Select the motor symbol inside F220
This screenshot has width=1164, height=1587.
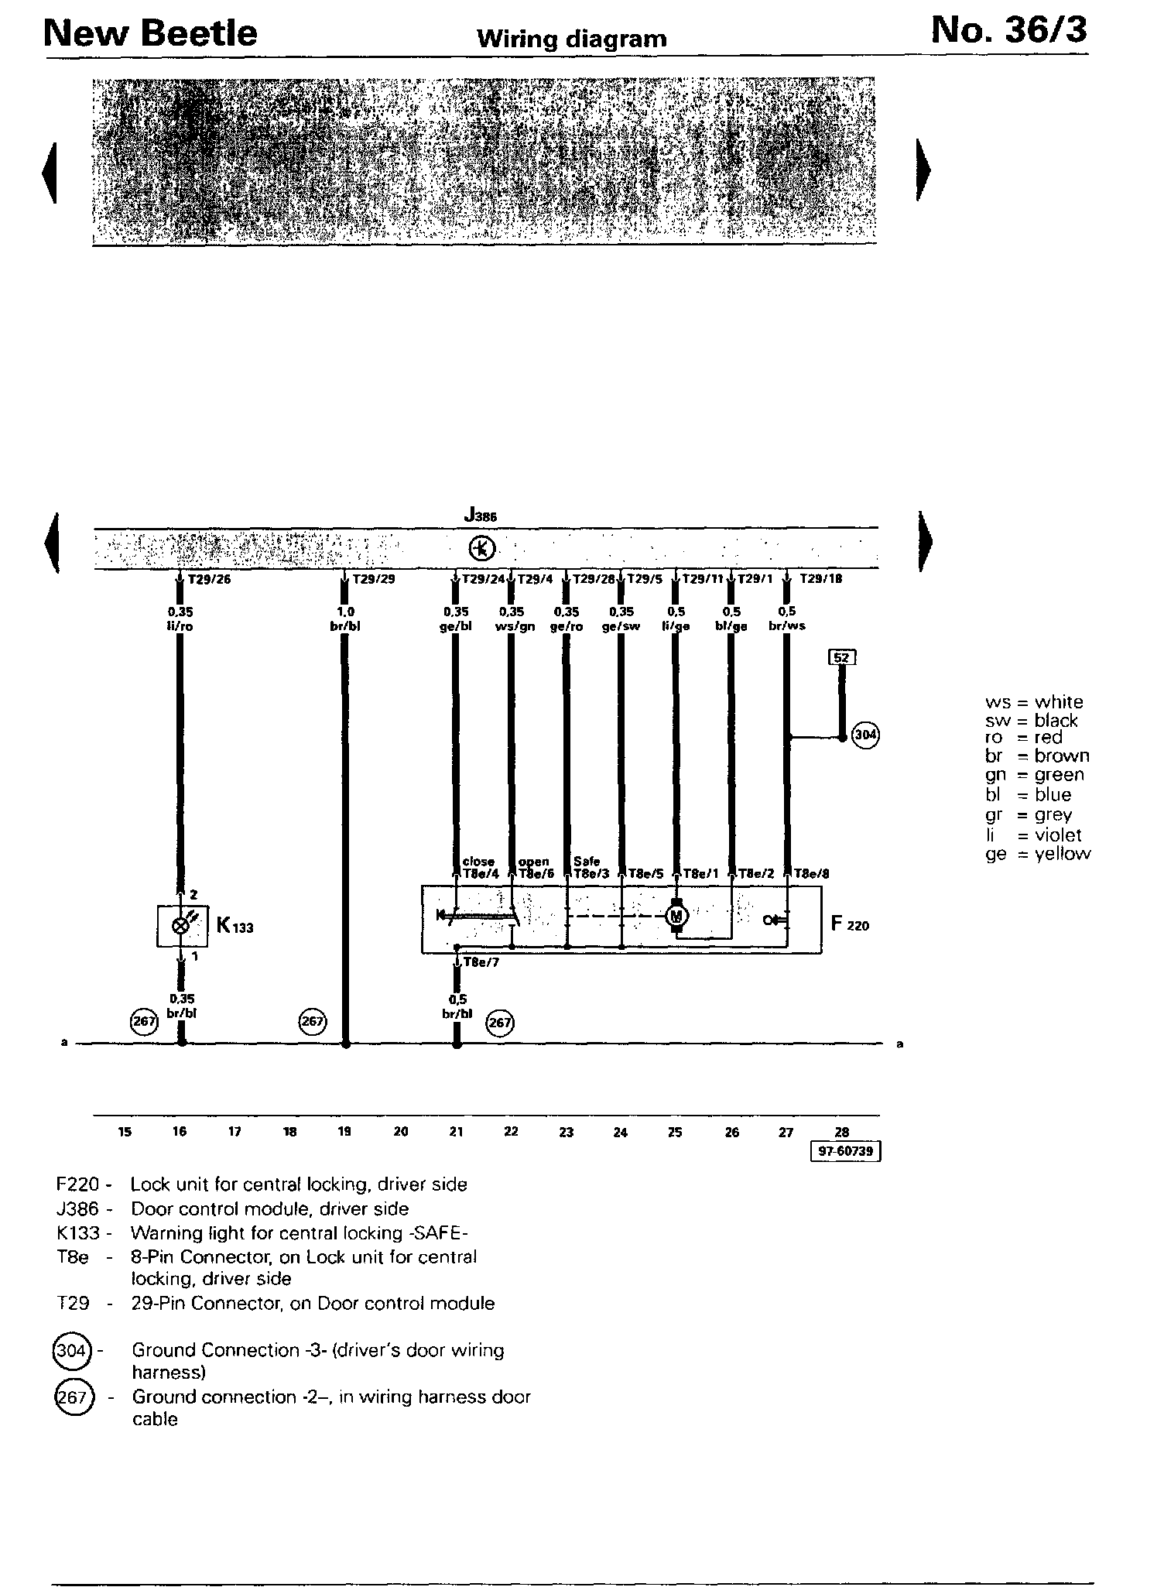[x=677, y=916]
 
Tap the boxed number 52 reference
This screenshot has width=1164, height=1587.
[x=842, y=657]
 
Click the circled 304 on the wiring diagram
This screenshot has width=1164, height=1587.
[x=864, y=734]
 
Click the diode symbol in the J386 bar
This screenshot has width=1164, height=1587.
[x=481, y=549]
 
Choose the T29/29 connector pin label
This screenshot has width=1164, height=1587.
[x=373, y=578]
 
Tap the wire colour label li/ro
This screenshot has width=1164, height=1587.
[x=180, y=626]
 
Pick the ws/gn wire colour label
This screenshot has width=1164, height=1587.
[x=515, y=626]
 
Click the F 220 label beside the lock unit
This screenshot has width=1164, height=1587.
[x=850, y=924]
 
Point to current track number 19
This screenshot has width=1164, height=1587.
[x=345, y=1132]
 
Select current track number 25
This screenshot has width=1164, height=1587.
[x=676, y=1132]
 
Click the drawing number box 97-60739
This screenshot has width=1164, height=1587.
[x=845, y=1151]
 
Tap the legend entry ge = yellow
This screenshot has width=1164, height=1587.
[x=1037, y=854]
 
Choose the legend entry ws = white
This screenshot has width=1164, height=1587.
[x=1034, y=702]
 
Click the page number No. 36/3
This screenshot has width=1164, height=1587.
[x=1008, y=31]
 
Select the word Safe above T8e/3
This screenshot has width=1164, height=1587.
[x=587, y=861]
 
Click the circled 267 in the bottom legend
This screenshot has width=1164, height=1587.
[x=72, y=1398]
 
